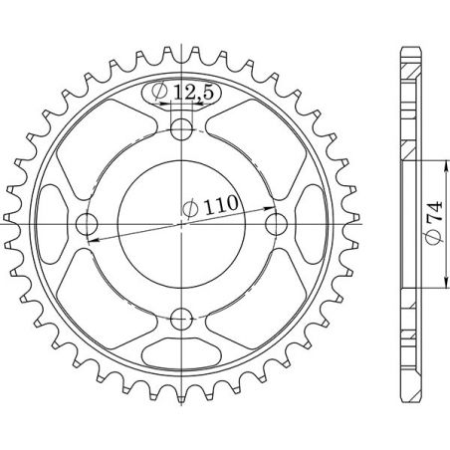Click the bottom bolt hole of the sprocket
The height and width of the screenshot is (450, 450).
tap(181, 319)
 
